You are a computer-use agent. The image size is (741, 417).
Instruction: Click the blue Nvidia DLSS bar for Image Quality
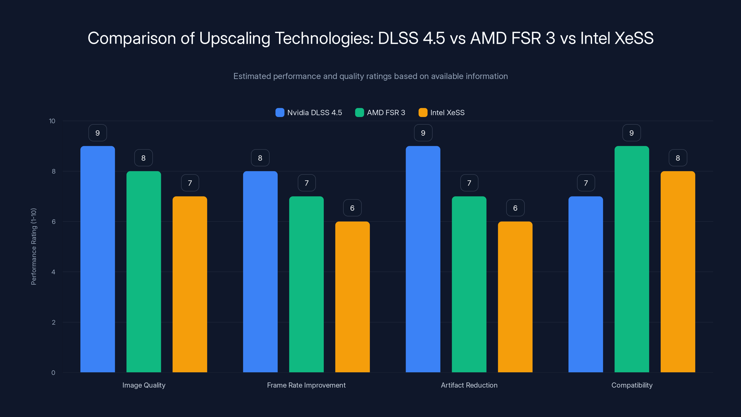click(x=97, y=259)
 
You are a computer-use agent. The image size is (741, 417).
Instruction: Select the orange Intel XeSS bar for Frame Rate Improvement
click(x=352, y=297)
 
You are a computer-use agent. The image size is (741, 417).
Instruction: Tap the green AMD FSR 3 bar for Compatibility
click(x=632, y=259)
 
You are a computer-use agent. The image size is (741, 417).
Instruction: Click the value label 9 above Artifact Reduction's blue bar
click(x=423, y=133)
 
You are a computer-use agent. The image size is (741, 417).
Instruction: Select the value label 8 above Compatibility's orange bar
click(x=678, y=158)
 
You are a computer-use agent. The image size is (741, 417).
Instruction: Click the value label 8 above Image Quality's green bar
click(x=144, y=158)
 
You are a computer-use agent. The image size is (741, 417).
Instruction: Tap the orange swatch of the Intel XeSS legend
click(x=423, y=113)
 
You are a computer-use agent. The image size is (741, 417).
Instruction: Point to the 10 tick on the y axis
click(x=52, y=121)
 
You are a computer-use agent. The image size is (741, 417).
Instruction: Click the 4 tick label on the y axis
click(x=53, y=272)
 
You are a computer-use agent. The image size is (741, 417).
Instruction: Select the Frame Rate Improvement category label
click(x=306, y=385)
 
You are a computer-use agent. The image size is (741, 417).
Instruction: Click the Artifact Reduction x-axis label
click(x=469, y=385)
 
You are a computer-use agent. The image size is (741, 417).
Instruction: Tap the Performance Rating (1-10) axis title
click(x=34, y=246)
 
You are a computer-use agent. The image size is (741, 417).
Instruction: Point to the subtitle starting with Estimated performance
click(x=370, y=76)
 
